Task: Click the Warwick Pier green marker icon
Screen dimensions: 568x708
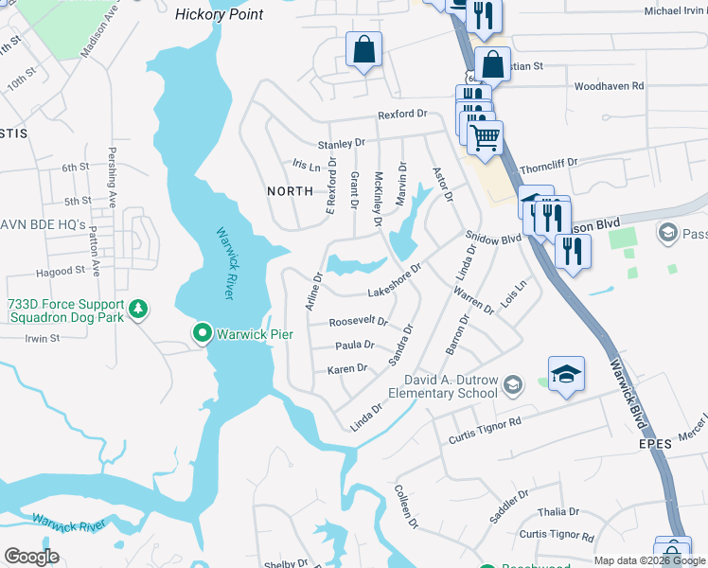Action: coord(202,333)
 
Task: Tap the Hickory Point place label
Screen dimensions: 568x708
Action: coord(220,14)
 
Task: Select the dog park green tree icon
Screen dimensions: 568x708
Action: coord(139,309)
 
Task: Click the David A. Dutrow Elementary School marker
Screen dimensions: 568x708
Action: coord(512,383)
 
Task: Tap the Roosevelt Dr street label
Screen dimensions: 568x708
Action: coord(358,321)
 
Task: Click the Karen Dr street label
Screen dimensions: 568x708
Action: coord(346,368)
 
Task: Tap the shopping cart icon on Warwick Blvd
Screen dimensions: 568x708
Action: coord(485,138)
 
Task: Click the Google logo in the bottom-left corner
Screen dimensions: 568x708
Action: coord(31,557)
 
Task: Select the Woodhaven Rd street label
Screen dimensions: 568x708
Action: coord(610,86)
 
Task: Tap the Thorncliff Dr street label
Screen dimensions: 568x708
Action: coord(575,163)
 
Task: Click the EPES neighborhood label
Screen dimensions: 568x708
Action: coord(654,442)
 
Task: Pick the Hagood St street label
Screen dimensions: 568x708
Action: coord(60,271)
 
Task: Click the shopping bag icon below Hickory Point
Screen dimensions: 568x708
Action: coord(363,50)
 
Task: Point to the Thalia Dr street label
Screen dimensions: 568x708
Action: coord(551,511)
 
